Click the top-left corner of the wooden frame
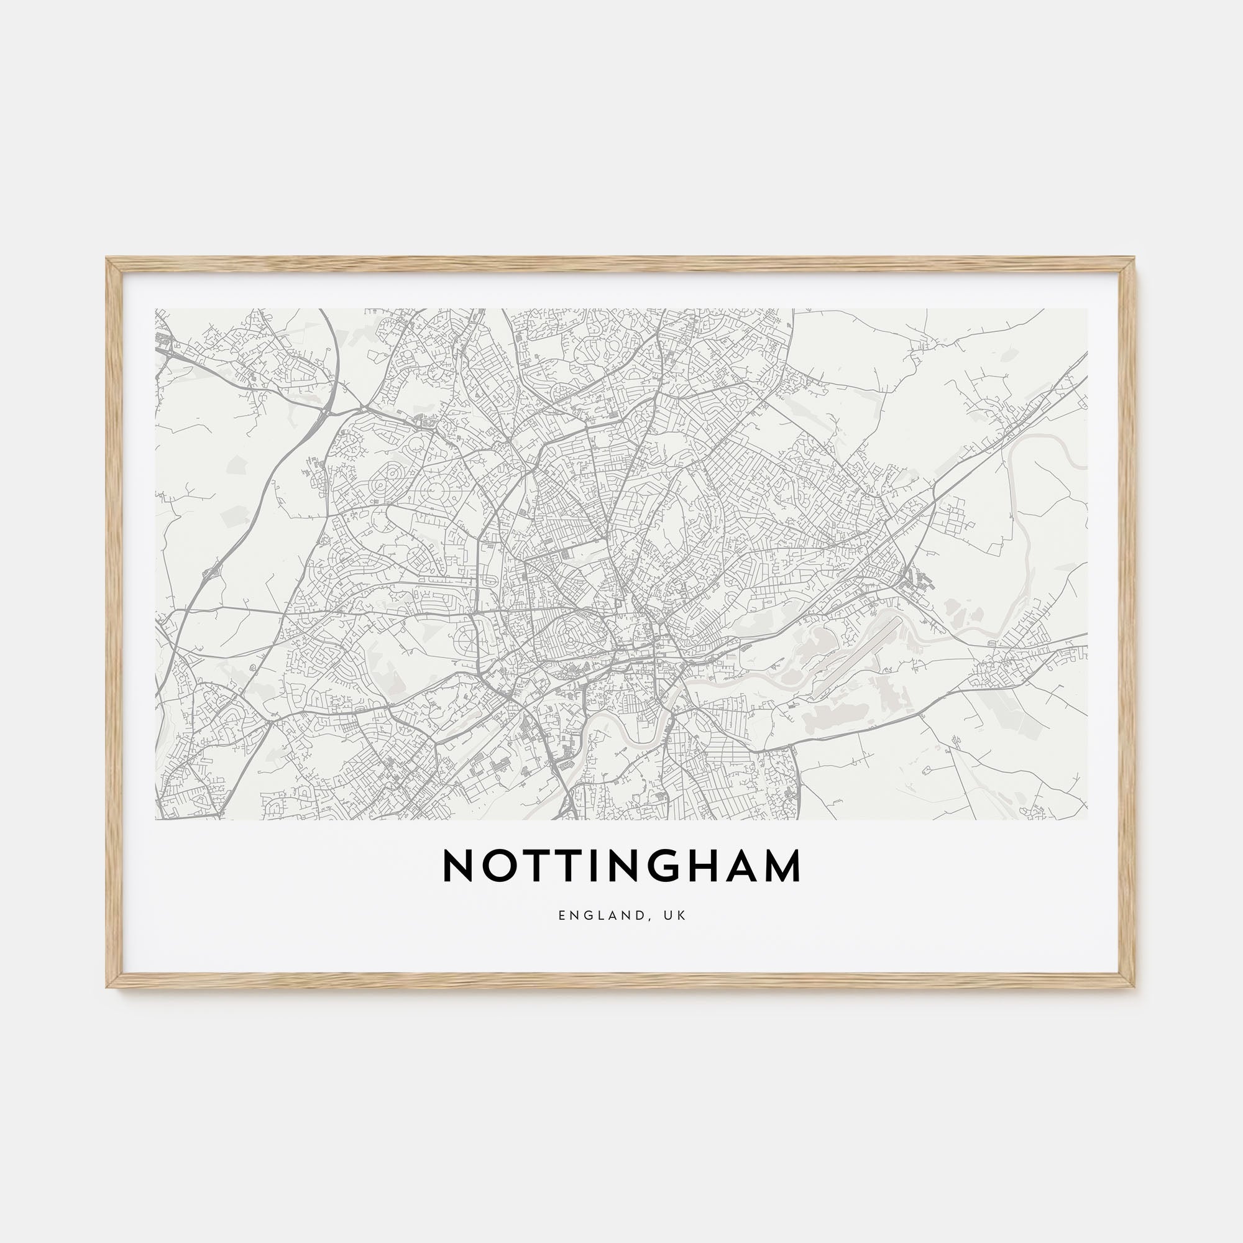click(108, 259)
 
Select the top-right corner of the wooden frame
click(1135, 259)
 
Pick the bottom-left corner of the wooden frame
click(108, 987)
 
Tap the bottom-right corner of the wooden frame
click(1135, 987)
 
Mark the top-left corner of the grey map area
click(156, 309)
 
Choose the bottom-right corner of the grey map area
click(1087, 819)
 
